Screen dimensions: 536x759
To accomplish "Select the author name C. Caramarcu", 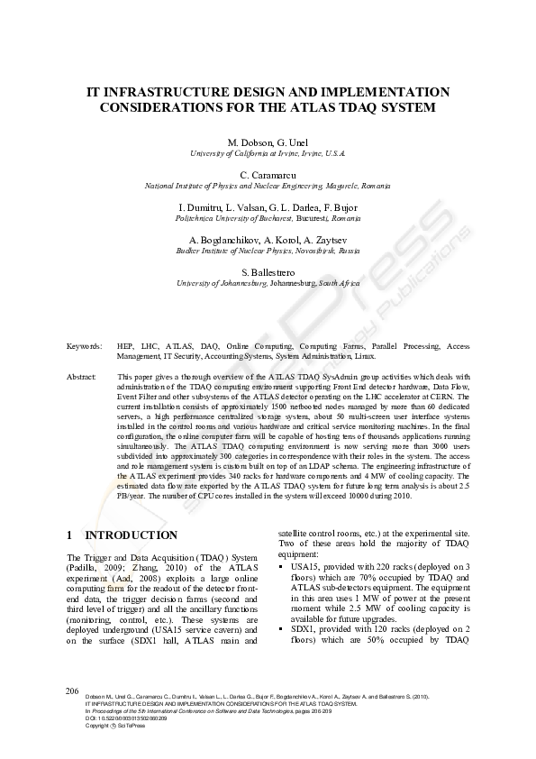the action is [x=268, y=173].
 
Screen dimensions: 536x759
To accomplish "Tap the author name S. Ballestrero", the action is [x=268, y=271].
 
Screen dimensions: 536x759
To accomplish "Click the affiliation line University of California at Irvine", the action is [x=268, y=153].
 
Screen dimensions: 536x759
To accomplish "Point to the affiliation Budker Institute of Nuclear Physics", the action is [x=268, y=251].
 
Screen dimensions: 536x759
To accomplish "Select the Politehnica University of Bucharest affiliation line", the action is [x=268, y=218].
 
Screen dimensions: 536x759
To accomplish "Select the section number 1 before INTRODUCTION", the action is [x=71, y=535].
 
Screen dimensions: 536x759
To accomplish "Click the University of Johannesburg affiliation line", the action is [x=268, y=283].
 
